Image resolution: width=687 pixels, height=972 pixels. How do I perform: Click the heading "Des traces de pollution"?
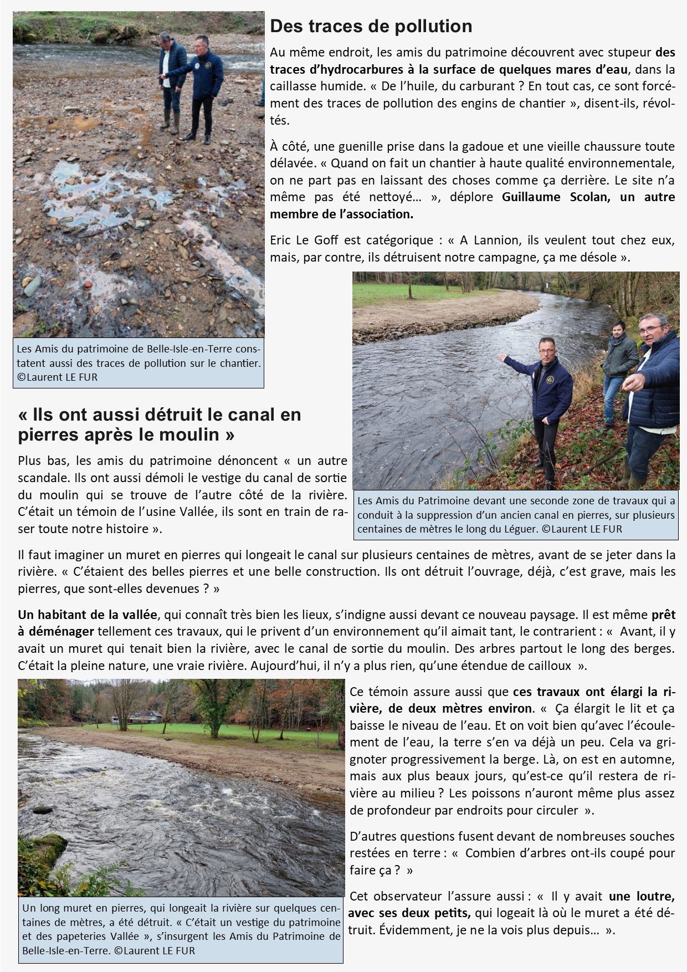point(371,26)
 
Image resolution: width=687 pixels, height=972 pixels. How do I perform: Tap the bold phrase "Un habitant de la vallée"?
point(88,615)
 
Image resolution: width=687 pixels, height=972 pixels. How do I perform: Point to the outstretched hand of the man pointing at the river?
point(502,358)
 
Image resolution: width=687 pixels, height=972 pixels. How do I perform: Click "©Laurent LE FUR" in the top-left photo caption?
point(57,377)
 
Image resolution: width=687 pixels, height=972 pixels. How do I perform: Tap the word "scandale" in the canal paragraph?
point(44,478)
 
